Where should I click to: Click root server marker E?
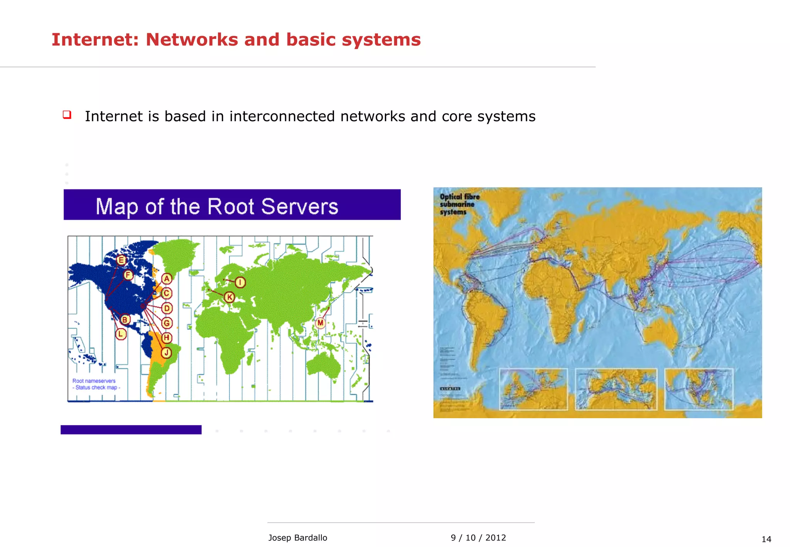coord(121,260)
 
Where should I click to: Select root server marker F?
coord(128,275)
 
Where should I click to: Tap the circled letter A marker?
coord(167,279)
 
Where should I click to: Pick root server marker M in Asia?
coord(321,323)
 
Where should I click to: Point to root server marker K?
coord(230,297)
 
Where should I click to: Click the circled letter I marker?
coord(240,282)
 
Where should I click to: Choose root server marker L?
coord(121,334)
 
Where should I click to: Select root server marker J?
coord(166,353)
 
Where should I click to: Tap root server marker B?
coord(125,319)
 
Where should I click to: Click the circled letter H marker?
coord(166,338)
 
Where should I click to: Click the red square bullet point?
coord(67,115)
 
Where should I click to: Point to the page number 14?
coord(766,539)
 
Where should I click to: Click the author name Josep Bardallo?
coord(297,538)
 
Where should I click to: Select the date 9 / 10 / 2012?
coord(478,538)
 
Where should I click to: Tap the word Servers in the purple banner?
coord(300,206)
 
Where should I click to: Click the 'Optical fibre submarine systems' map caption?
coord(459,204)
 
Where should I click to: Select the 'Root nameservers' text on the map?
coord(94,381)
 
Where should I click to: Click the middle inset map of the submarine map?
coord(616,389)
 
